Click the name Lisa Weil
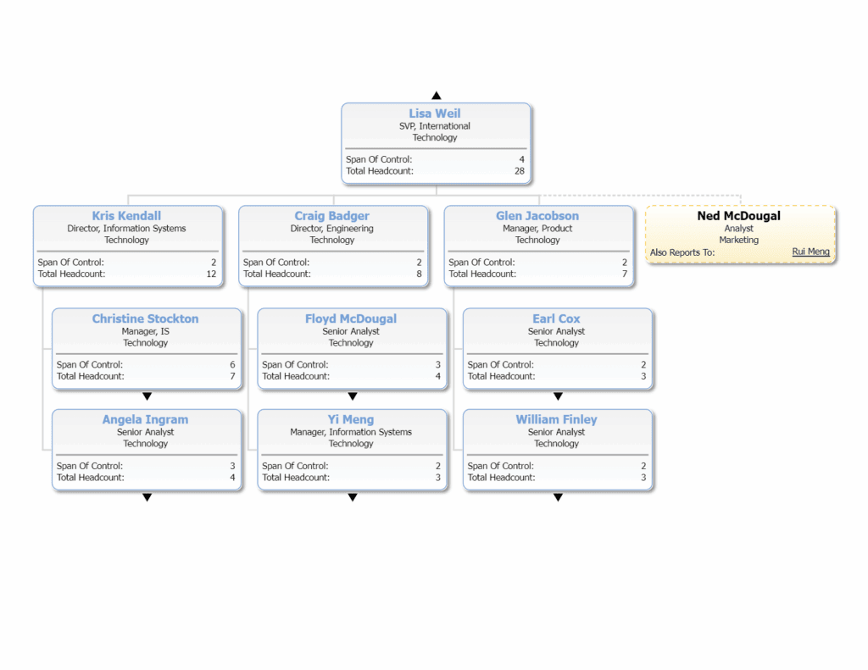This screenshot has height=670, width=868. point(435,114)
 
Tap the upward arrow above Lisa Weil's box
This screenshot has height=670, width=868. point(436,96)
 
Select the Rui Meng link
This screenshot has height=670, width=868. point(810,252)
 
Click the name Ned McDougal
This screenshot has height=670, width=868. point(738,216)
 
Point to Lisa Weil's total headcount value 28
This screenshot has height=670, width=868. point(519,171)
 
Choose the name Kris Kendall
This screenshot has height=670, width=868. point(126,216)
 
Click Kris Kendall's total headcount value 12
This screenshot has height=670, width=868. point(211,274)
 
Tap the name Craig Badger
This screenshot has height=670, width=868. point(331,216)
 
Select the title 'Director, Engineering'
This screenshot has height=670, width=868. point(331,229)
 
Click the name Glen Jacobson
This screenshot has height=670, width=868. point(537,216)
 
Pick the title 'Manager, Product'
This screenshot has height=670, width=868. point(537,229)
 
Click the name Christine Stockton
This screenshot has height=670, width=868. point(145,318)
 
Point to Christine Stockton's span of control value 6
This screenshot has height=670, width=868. point(232,364)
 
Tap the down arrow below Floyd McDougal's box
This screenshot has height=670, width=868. point(353,396)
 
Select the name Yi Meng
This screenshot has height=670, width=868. point(351,419)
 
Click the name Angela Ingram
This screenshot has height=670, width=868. point(145,419)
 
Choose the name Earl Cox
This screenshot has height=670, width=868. point(556,318)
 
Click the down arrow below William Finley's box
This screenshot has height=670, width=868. point(558,497)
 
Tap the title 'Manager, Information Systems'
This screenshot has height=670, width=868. point(351,432)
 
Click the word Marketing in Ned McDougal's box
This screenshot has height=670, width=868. point(738,241)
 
